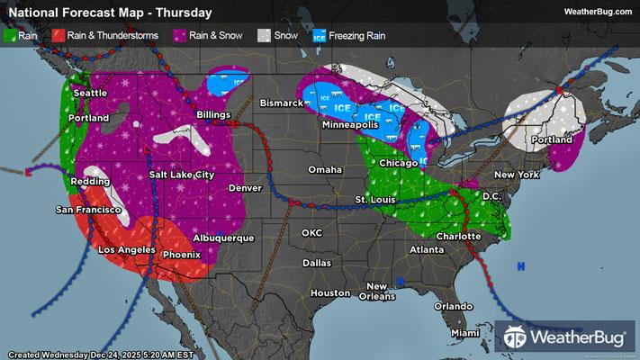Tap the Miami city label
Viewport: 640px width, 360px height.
click(465, 333)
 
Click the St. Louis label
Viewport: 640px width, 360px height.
click(372, 198)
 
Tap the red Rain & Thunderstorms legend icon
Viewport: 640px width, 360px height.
click(58, 37)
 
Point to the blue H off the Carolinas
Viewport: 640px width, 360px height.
click(521, 266)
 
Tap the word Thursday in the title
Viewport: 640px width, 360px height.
click(184, 13)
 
